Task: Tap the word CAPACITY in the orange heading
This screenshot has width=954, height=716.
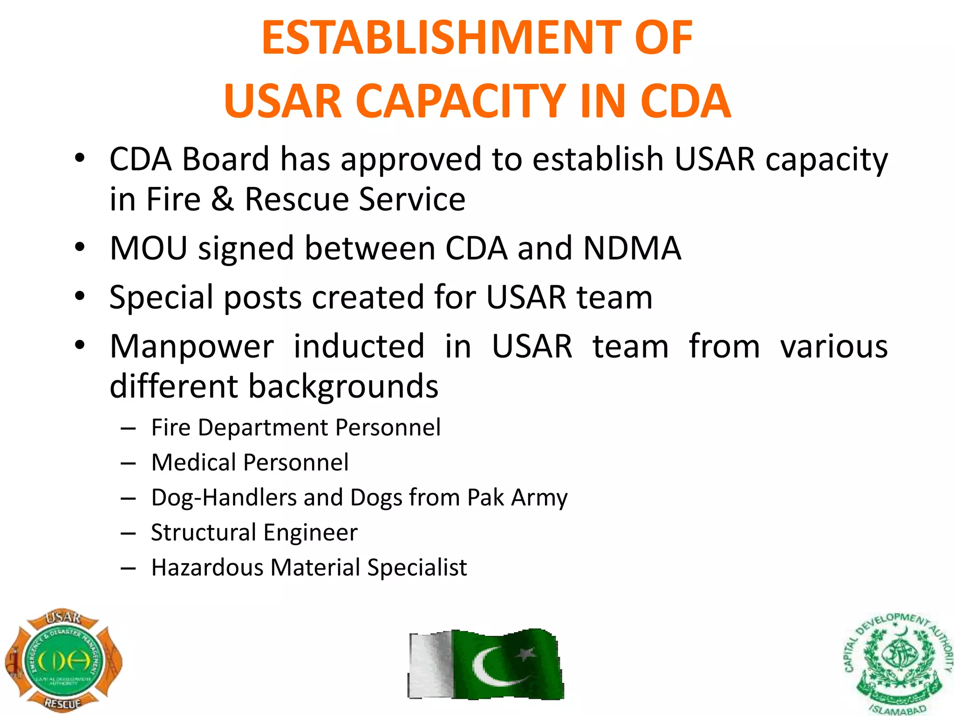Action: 461,101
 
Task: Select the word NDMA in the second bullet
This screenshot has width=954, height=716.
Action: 632,248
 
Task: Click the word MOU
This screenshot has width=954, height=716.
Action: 148,248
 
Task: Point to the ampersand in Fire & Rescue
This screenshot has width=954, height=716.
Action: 222,200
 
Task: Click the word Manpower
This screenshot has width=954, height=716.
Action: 191,347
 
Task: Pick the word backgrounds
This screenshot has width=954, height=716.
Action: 343,387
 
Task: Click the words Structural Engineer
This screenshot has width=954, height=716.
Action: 254,532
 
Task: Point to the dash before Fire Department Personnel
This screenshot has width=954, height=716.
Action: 128,428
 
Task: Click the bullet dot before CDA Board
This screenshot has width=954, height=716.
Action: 80,158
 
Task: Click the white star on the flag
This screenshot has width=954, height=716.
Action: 525,654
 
